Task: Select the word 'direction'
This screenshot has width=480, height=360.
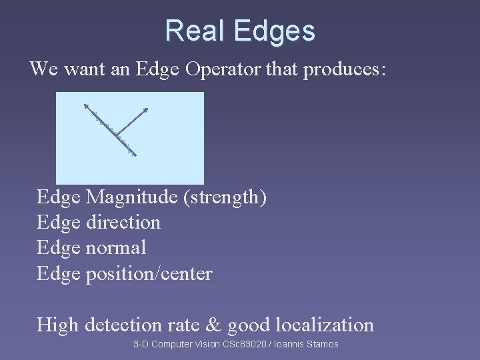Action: click(x=123, y=222)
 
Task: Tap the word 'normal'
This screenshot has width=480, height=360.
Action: click(x=116, y=247)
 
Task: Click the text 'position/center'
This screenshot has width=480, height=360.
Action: click(x=149, y=273)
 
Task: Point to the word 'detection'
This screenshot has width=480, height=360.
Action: click(x=122, y=325)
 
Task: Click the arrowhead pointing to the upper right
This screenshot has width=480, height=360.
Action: click(x=146, y=109)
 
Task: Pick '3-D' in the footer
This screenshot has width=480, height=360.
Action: click(x=141, y=344)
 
